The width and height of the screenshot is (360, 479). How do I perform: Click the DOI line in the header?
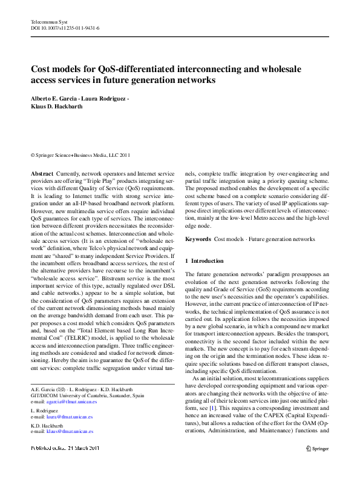[x=65, y=28]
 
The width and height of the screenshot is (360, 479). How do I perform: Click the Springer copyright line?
[x=80, y=155]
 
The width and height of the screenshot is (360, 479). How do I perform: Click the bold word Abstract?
[x=42, y=173]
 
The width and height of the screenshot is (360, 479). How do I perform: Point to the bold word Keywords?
[x=198, y=239]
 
